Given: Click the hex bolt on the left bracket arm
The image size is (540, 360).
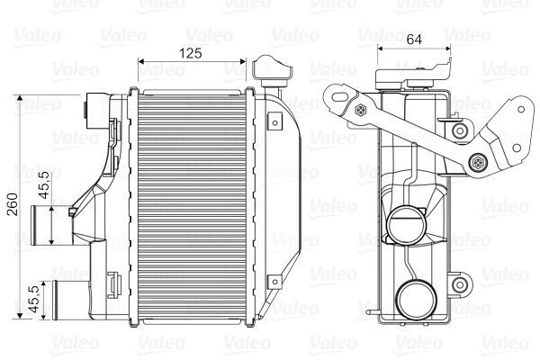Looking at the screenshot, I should pos(361,112).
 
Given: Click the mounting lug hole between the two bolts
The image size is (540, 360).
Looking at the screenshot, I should pos(461,132).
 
